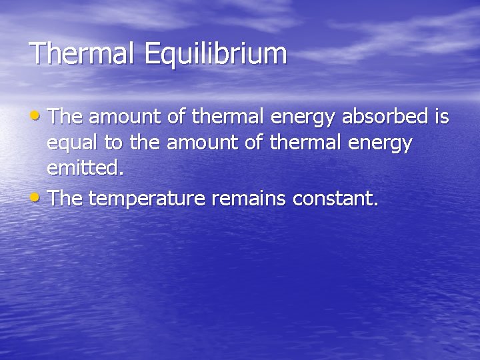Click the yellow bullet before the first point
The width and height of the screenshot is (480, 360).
(x=37, y=115)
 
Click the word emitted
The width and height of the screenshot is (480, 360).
(x=85, y=167)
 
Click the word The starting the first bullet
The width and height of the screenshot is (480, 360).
(x=65, y=117)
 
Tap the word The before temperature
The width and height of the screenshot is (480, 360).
(x=65, y=198)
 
